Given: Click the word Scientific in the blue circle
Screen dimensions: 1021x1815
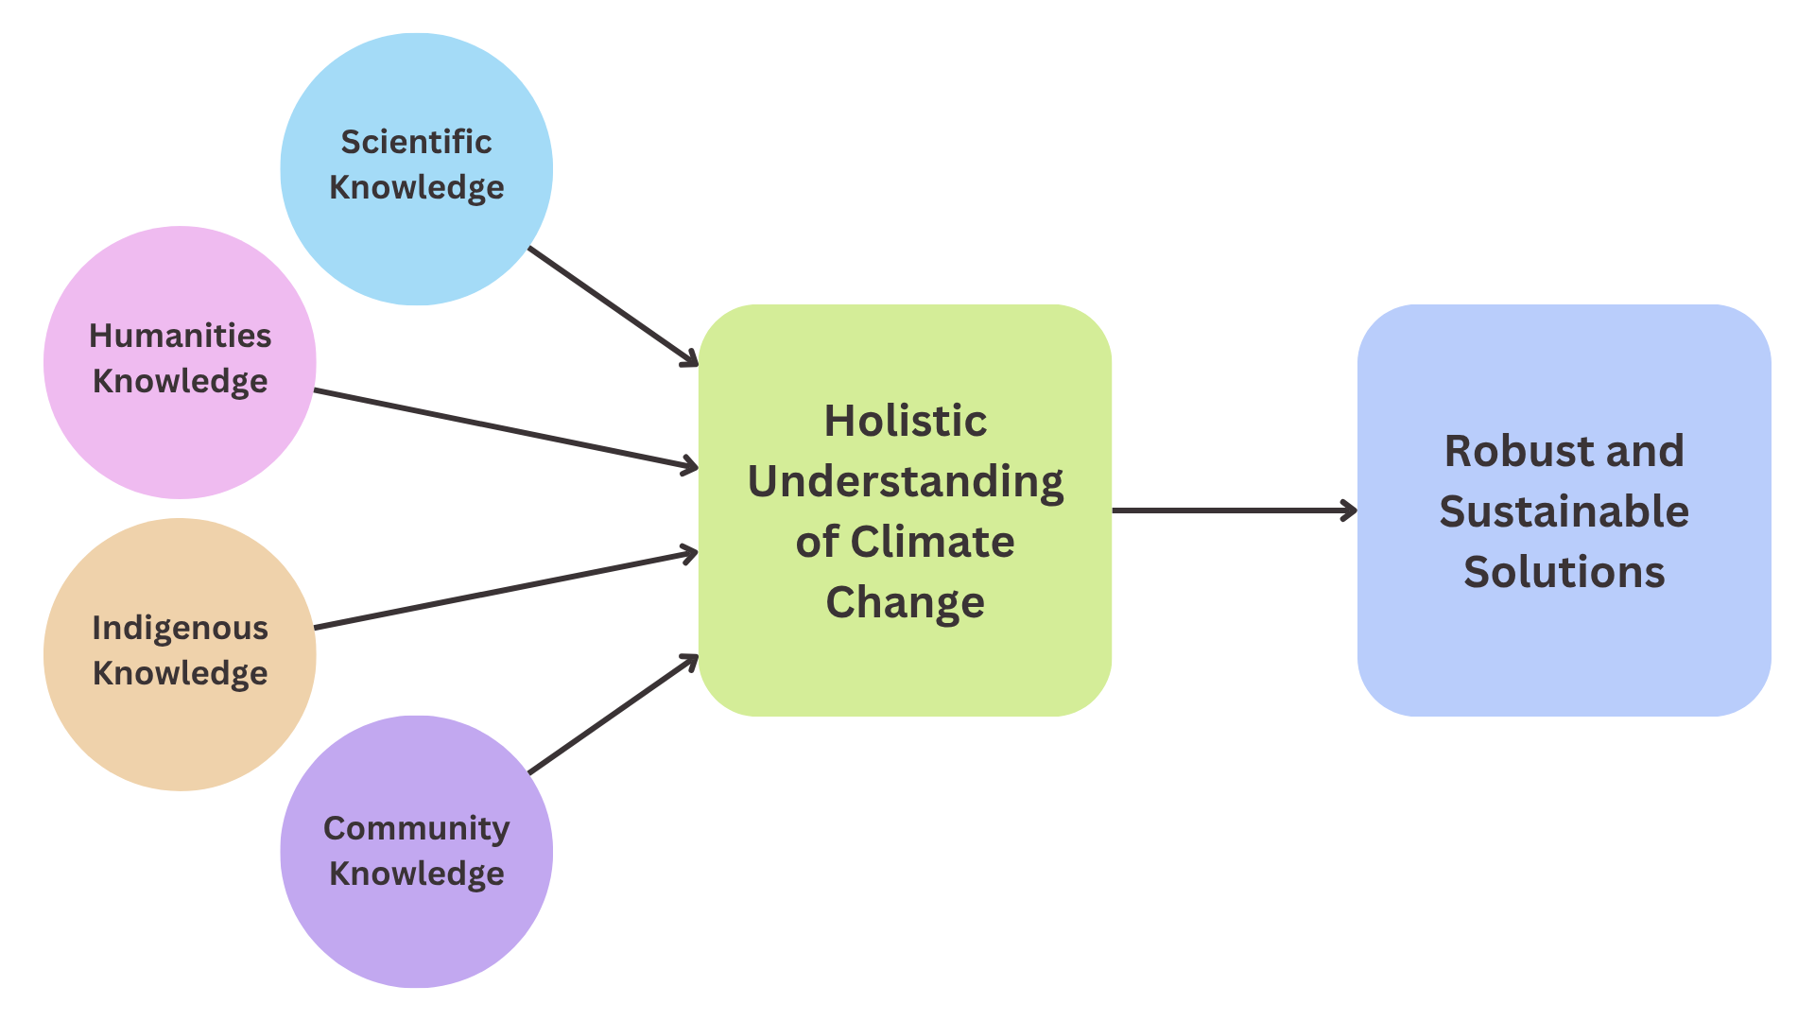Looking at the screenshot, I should tap(416, 142).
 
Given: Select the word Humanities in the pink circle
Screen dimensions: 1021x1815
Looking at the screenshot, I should tap(180, 336).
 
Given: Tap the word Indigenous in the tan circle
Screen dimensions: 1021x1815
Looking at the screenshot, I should tap(180, 628).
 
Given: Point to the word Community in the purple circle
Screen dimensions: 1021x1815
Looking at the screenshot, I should tap(416, 828).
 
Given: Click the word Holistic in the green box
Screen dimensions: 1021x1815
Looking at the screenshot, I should tap(905, 421).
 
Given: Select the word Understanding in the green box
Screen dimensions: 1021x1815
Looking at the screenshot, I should tap(905, 482).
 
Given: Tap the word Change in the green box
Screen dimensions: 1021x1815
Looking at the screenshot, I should tap(905, 602).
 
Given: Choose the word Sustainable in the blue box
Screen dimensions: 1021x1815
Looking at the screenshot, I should tap(1564, 511).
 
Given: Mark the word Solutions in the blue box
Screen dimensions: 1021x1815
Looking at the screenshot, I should tap(1564, 572).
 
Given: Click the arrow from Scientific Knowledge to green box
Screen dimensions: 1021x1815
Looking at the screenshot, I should tap(613, 306).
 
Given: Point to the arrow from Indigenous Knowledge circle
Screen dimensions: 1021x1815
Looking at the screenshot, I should tap(506, 591).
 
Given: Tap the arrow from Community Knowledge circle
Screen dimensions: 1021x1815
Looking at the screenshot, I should tap(613, 715).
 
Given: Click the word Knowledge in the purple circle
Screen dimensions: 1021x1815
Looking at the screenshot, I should tap(416, 874).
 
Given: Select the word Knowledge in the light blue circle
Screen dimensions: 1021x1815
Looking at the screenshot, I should tap(416, 187).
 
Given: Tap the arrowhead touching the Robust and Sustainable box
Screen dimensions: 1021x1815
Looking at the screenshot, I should tap(1350, 510).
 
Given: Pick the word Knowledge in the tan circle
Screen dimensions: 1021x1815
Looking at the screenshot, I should tap(180, 673).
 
